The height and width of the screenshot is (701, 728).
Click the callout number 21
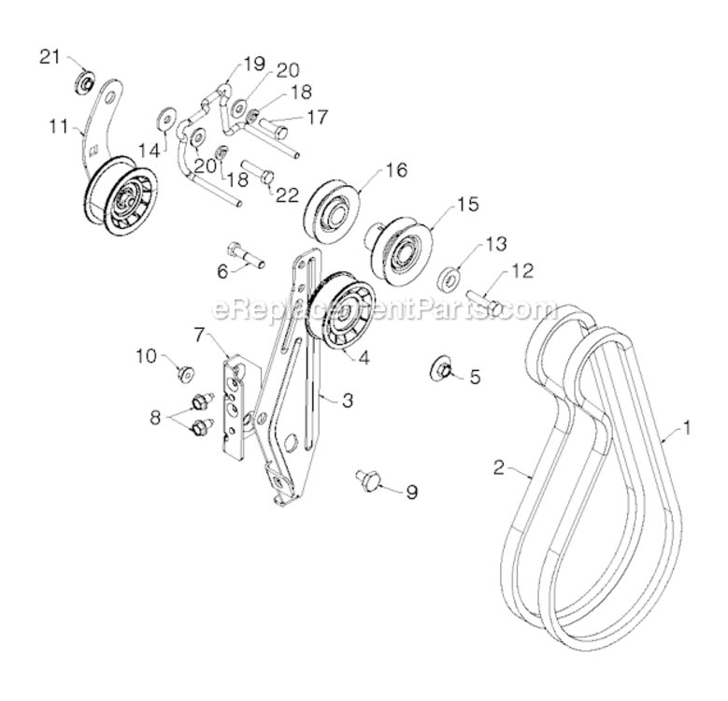tap(50, 58)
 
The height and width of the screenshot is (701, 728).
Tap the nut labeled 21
tap(82, 82)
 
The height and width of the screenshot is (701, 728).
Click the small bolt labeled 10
tap(185, 375)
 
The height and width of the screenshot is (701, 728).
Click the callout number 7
tap(199, 333)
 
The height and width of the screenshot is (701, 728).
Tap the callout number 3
tap(347, 401)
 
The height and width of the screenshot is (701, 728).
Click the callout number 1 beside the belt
tap(687, 429)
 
